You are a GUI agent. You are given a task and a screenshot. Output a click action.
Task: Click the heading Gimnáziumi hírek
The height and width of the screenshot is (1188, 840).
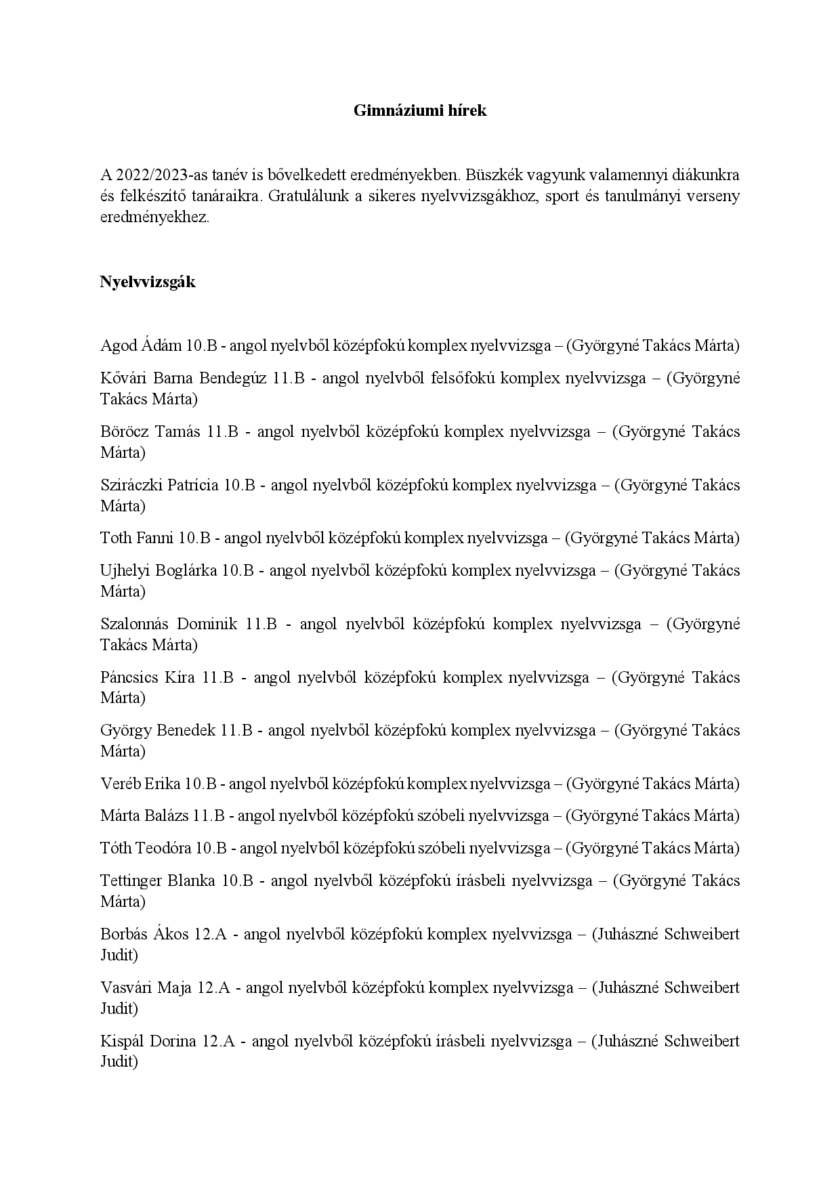pyautogui.click(x=419, y=111)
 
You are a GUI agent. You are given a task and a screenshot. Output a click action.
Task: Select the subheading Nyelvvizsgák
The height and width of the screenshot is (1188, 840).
pyautogui.click(x=148, y=282)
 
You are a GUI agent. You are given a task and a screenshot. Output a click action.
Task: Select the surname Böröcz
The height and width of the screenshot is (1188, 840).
pyautogui.click(x=123, y=431)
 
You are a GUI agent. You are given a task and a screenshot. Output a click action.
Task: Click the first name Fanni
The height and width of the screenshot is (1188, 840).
pyautogui.click(x=155, y=538)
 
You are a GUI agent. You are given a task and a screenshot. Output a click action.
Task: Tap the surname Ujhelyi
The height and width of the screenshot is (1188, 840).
pyautogui.click(x=124, y=570)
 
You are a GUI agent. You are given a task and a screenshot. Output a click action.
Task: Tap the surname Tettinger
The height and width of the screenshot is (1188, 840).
pyautogui.click(x=130, y=881)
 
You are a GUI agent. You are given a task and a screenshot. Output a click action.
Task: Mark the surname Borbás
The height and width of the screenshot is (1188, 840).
pyautogui.click(x=123, y=934)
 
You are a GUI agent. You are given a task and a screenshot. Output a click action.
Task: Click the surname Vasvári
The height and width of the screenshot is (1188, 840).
pyautogui.click(x=125, y=988)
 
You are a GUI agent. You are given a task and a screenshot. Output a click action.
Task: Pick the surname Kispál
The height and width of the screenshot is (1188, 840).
pyautogui.click(x=121, y=1041)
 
